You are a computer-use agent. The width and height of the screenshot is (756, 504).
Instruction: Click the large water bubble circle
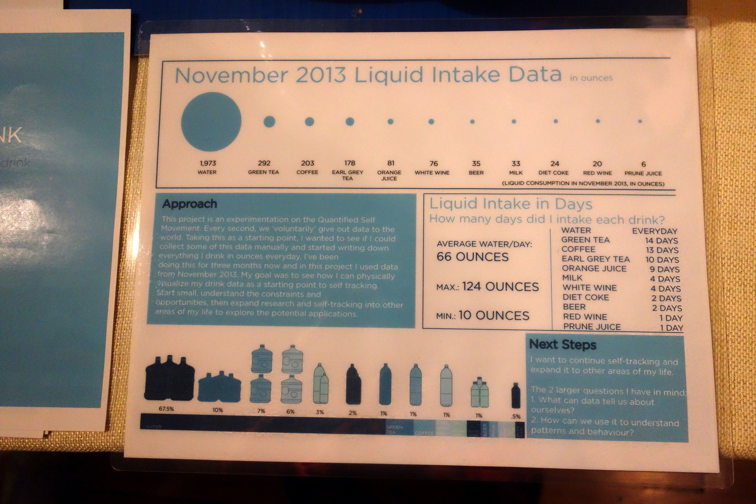coord(211,121)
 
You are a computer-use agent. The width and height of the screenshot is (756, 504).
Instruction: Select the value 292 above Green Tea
coord(264,163)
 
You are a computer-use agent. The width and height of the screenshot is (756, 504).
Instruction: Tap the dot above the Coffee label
coord(309,121)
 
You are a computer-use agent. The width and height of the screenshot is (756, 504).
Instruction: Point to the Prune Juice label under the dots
coord(643,173)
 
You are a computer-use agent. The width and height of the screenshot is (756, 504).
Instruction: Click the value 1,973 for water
coord(207,163)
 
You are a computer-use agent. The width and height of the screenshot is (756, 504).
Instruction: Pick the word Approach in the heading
coord(189,204)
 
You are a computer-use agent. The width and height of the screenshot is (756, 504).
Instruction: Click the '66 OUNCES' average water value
coord(472,257)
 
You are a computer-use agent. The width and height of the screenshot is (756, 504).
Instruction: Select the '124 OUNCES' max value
coord(500,287)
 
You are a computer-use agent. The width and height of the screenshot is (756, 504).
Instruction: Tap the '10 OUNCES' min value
coord(494,316)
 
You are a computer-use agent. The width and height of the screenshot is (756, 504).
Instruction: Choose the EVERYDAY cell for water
coord(654,231)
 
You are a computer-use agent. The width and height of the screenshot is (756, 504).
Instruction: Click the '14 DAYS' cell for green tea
coord(661,240)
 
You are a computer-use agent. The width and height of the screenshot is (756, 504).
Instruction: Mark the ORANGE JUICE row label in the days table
coord(594,268)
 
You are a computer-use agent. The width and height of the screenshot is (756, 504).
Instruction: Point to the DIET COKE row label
coord(585,297)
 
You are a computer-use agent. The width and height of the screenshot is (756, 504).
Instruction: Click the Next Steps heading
coord(562,344)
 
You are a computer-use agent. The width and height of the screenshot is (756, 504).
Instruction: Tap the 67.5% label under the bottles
coord(166,409)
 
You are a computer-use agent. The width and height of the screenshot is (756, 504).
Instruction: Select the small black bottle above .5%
coord(515,395)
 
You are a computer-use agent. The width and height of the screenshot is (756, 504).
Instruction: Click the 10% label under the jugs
coord(217,410)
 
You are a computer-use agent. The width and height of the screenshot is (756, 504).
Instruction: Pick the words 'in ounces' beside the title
coord(591,78)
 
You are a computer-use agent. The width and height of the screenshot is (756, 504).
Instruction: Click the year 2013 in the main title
coord(321,75)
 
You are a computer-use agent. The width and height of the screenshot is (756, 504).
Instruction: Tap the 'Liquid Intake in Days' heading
coord(510,204)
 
